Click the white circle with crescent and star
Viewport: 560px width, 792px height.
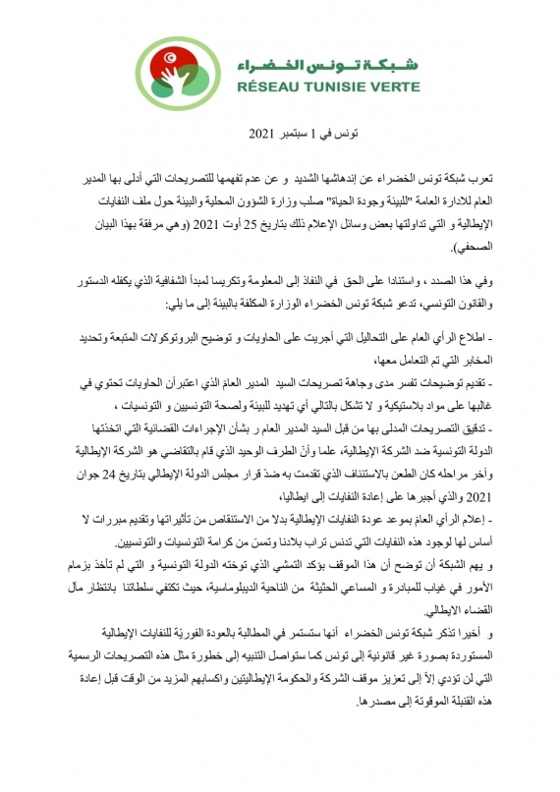[175, 62]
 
